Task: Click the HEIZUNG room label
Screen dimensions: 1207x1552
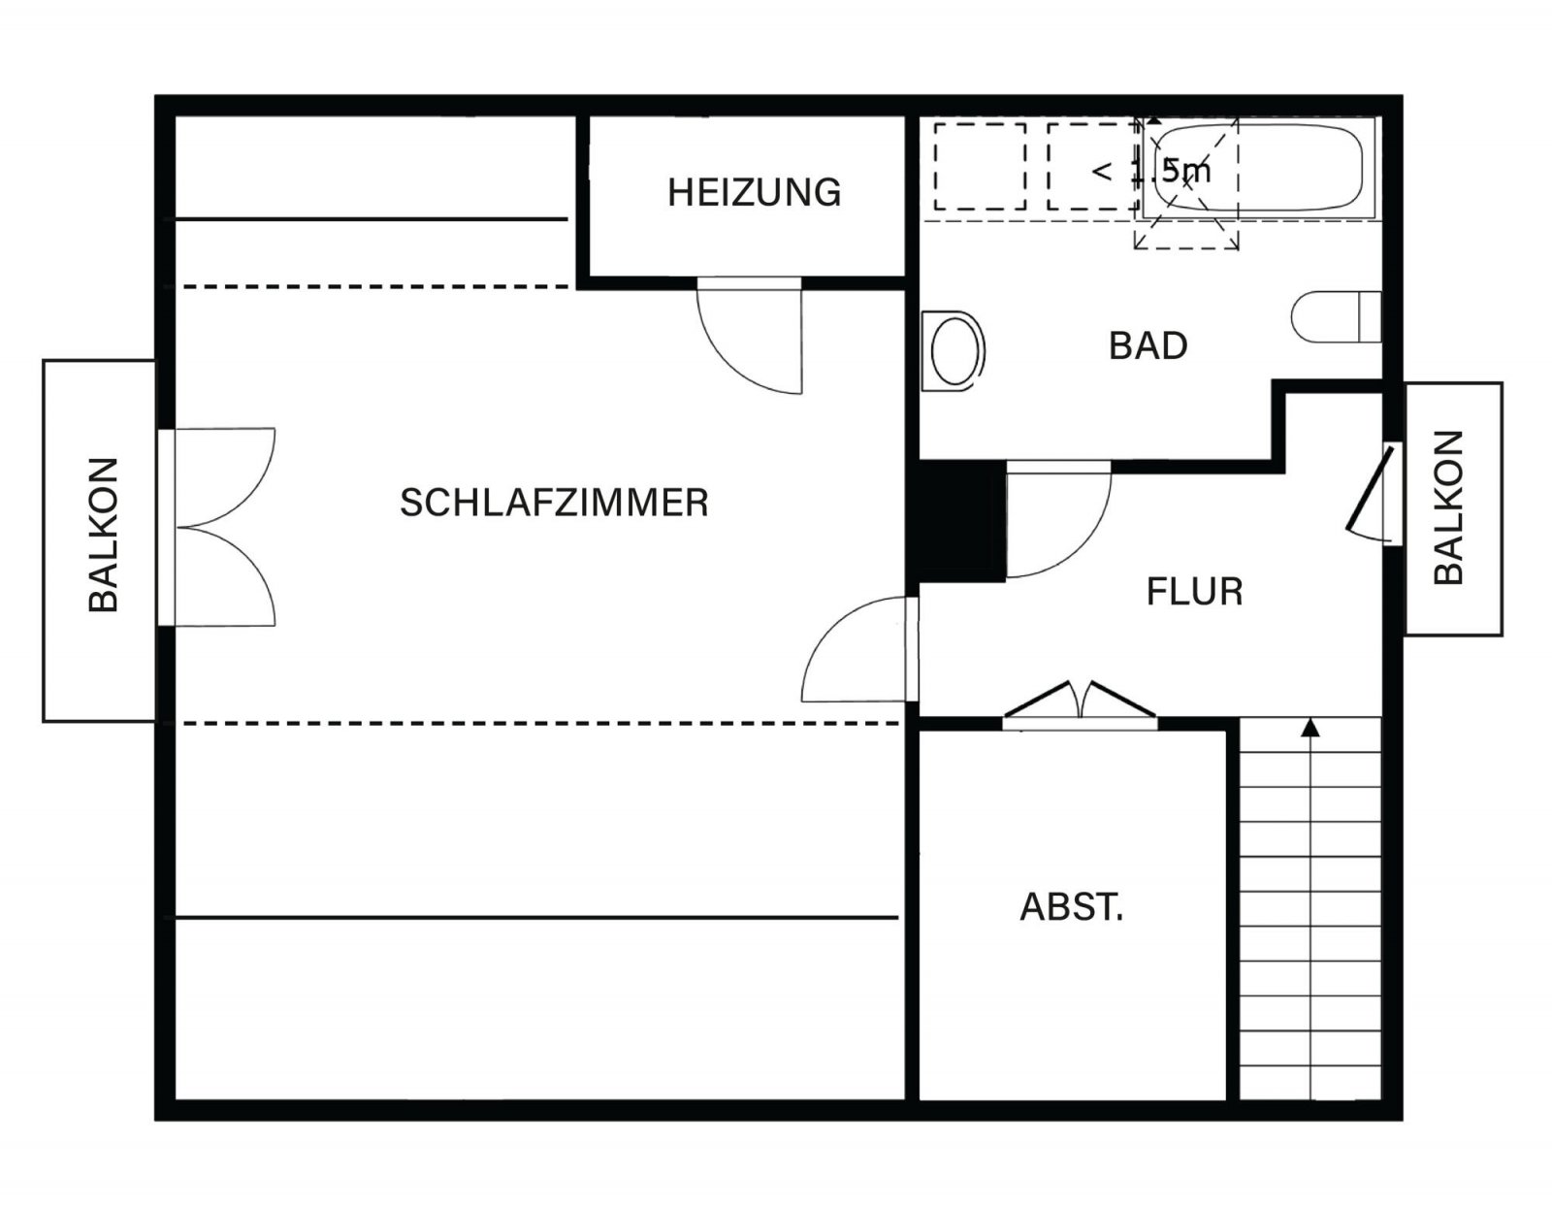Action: (x=754, y=192)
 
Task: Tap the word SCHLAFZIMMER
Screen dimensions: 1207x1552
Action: (x=554, y=503)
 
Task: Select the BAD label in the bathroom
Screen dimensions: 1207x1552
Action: (x=1148, y=345)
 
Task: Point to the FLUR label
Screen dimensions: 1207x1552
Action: (x=1194, y=591)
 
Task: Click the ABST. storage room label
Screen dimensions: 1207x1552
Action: (x=1071, y=906)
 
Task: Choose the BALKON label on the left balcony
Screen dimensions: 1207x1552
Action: (x=103, y=535)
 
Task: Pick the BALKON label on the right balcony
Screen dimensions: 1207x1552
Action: (x=1448, y=507)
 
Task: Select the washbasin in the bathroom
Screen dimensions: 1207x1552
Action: (x=954, y=349)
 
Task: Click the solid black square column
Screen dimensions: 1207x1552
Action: (x=961, y=521)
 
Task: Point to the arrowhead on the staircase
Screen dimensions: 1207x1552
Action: (x=1310, y=726)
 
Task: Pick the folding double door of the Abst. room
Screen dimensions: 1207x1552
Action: (x=1079, y=704)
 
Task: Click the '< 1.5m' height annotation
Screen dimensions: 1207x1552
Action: (x=1151, y=172)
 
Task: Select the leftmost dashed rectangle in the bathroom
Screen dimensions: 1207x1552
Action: (x=980, y=166)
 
